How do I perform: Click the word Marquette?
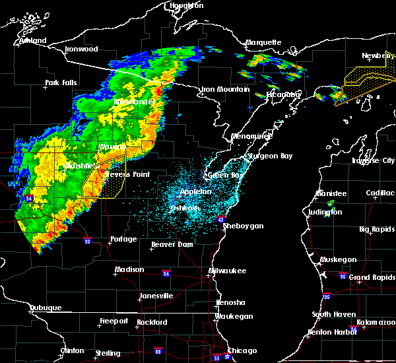263,43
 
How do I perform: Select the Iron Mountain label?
226,89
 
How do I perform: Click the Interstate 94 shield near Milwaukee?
166,272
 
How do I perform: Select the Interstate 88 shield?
158,350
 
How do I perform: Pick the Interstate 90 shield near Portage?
88,240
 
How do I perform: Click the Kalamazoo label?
375,322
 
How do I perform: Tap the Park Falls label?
61,83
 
